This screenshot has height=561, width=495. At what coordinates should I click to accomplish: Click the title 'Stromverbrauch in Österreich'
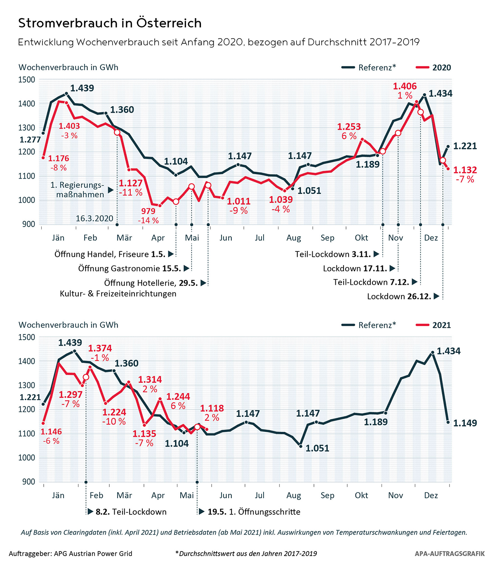point(110,23)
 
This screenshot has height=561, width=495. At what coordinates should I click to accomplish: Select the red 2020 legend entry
point(434,68)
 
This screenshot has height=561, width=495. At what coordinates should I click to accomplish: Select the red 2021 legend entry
point(434,325)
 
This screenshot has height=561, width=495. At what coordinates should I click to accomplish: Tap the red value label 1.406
point(405,86)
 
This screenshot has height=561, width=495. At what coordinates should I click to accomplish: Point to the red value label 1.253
point(349,127)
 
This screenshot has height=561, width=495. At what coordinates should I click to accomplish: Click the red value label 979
point(148,211)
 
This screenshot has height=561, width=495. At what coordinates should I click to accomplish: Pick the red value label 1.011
point(239,201)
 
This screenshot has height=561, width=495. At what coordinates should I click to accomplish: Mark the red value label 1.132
point(465,170)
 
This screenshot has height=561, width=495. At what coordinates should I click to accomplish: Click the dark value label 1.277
point(30,140)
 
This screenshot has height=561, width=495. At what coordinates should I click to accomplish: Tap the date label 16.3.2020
point(94,218)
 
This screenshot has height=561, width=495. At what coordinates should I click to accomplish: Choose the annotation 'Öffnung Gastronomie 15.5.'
point(130,269)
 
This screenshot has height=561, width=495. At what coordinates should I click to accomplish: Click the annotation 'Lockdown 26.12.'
point(399,296)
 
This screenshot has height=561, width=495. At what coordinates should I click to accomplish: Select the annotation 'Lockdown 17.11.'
point(355,269)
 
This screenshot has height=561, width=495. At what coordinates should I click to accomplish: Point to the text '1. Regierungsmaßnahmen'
point(78,189)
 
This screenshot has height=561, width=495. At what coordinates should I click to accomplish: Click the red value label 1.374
point(100,348)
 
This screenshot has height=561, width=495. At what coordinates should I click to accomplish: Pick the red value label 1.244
point(178,397)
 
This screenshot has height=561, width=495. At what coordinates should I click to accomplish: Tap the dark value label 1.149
point(465,423)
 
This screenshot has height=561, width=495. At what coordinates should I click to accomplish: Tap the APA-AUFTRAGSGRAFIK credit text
point(450,554)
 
